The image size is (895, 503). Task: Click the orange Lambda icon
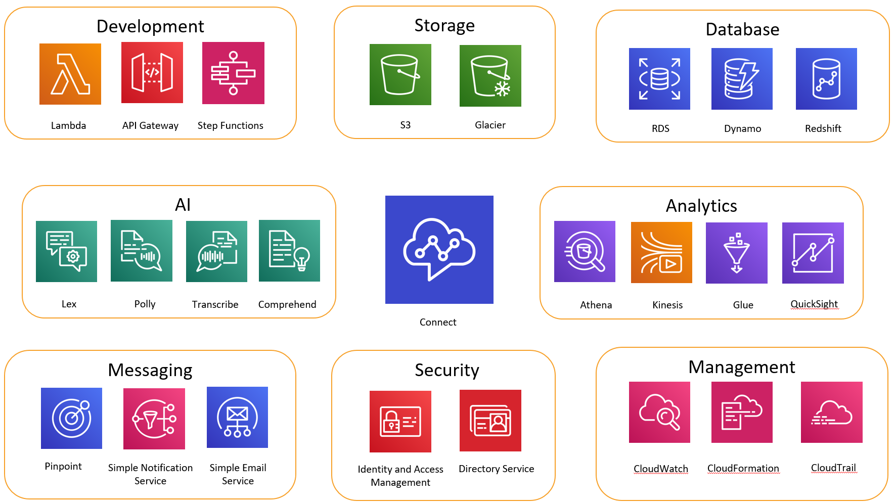[70, 74]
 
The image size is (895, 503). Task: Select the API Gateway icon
[152, 72]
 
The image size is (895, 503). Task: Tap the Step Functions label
[230, 125]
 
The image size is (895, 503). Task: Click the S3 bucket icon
[400, 74]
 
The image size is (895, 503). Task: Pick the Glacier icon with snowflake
[490, 76]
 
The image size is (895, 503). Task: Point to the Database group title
[742, 29]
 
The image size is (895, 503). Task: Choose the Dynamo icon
[742, 79]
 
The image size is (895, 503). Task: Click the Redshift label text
[823, 128]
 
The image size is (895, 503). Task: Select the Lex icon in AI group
[66, 251]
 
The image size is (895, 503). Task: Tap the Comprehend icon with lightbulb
[289, 251]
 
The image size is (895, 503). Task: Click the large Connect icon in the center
[439, 250]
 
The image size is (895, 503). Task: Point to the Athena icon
[585, 251]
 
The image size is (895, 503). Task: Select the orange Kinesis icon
[661, 252]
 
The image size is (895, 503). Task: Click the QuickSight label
[814, 304]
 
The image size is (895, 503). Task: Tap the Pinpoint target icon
[71, 418]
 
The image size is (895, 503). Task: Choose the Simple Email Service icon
[237, 417]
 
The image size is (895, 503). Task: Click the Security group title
[446, 370]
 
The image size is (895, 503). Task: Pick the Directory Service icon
[490, 421]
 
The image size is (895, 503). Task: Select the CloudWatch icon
[659, 412]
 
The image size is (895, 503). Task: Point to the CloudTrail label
[833, 468]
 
